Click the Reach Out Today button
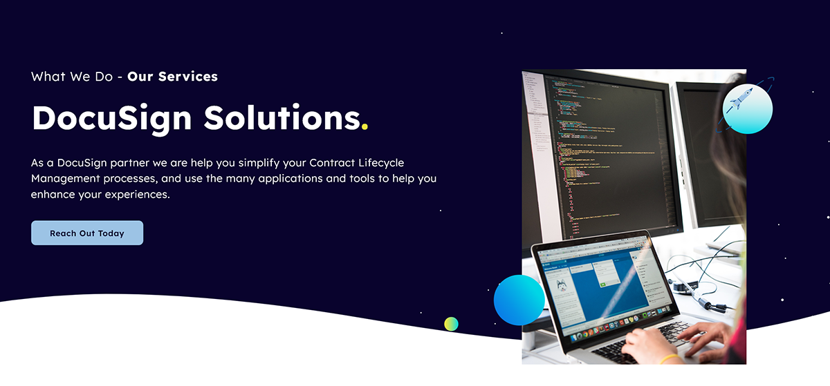[x=87, y=233]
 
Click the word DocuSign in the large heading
[x=111, y=118]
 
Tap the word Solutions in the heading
[x=282, y=118]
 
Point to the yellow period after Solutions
[x=365, y=126]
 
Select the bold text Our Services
[x=172, y=77]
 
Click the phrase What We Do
[x=71, y=77]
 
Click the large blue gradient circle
[x=519, y=300]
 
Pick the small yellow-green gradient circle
[x=451, y=324]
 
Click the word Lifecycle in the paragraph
[x=383, y=163]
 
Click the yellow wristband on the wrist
[x=669, y=358]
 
